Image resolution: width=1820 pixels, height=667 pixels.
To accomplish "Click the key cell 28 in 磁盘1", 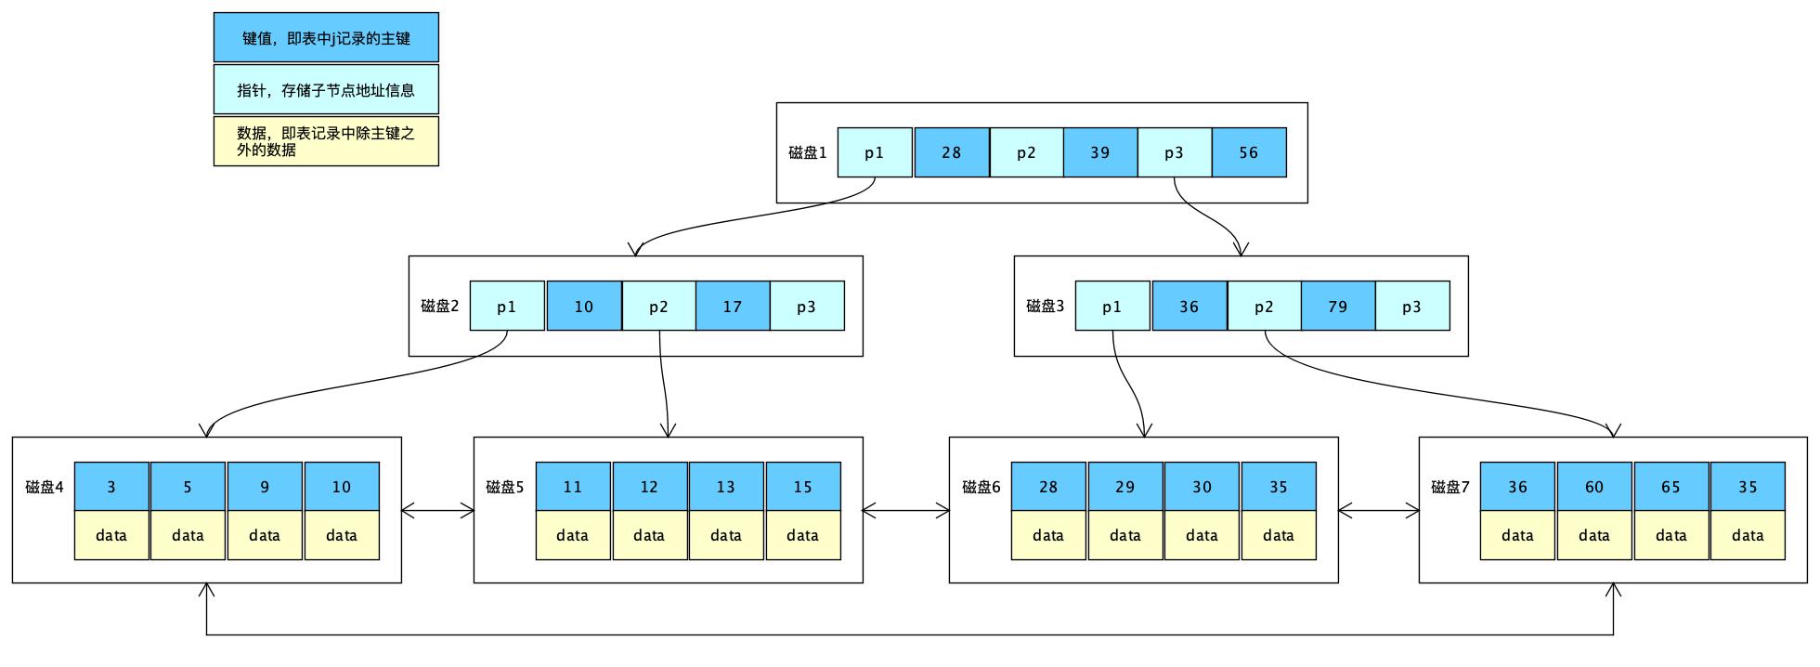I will [951, 152].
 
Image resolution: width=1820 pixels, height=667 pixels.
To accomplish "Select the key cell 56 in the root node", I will [1248, 152].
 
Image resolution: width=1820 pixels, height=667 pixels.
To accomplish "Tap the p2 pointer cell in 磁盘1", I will [1026, 152].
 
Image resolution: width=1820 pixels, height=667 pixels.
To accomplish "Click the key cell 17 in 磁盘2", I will [732, 306].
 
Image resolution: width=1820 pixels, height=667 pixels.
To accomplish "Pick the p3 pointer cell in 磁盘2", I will [806, 306].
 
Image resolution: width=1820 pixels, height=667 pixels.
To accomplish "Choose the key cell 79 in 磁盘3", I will [1337, 306].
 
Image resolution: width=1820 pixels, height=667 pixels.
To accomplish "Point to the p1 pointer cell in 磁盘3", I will [1111, 306].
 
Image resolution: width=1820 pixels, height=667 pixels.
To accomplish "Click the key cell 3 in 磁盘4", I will [111, 487].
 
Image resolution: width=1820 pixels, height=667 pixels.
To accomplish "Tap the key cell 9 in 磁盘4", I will [265, 487].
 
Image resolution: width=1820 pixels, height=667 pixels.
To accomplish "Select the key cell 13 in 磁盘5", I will [725, 487].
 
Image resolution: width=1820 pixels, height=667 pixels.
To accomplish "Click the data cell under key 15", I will [802, 535].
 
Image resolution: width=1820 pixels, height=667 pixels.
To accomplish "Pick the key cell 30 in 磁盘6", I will [1202, 487].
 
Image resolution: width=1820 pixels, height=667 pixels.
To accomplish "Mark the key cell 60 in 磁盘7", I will [1593, 487].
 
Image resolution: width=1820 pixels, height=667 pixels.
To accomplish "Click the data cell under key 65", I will [1670, 535].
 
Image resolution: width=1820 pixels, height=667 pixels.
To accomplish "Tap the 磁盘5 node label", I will [505, 487].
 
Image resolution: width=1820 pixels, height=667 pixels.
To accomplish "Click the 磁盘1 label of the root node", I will [807, 152].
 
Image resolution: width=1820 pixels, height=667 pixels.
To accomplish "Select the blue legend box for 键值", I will [326, 38].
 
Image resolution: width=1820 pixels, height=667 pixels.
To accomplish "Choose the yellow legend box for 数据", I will [326, 141].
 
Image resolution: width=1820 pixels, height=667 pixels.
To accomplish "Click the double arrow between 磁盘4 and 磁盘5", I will [437, 510].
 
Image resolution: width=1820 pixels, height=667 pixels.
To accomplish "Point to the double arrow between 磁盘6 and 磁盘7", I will [1378, 510].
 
